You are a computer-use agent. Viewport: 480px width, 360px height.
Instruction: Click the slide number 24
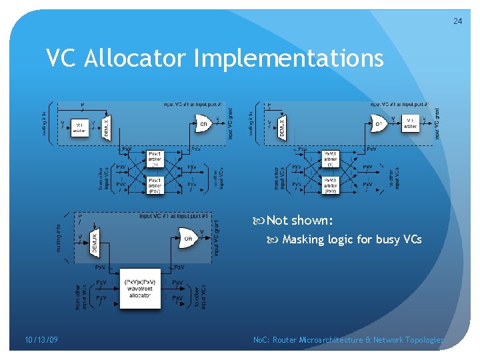click(x=457, y=21)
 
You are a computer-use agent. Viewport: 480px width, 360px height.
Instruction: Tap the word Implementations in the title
click(x=289, y=59)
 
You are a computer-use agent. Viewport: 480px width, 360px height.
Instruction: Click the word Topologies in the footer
click(x=424, y=340)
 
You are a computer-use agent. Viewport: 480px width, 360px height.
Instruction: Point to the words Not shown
click(x=300, y=221)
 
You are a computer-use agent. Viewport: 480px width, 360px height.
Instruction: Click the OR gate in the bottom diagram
click(x=188, y=237)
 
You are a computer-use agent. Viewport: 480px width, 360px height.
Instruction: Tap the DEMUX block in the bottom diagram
click(x=94, y=237)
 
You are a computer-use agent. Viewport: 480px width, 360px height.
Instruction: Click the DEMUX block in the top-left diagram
click(x=107, y=125)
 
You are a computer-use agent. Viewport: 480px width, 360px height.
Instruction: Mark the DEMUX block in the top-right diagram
click(x=283, y=125)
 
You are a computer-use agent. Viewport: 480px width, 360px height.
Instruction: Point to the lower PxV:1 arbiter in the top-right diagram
click(x=331, y=183)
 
